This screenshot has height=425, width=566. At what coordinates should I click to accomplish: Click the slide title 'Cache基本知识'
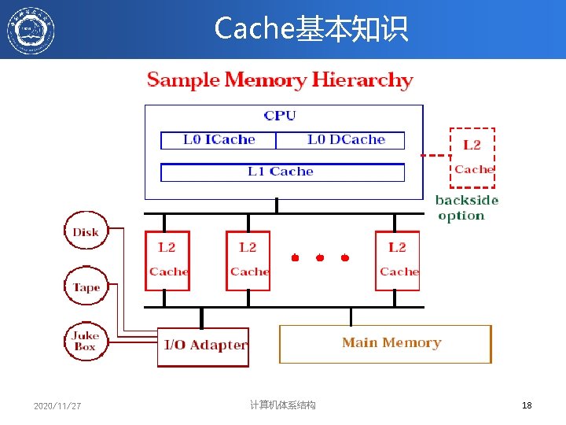[311, 29]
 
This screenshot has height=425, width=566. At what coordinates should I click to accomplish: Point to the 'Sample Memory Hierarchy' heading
[280, 80]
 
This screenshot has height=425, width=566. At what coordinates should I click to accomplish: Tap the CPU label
[280, 116]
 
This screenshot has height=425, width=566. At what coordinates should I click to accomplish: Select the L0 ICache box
[219, 140]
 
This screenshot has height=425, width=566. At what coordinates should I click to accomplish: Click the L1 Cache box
[281, 172]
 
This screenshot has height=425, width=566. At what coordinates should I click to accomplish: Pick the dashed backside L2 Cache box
[472, 157]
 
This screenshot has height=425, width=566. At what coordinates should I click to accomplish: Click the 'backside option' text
[466, 208]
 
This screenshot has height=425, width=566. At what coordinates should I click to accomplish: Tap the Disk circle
[86, 231]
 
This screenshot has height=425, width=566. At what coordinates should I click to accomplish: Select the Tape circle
[86, 287]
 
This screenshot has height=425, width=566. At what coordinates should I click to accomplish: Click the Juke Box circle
[85, 342]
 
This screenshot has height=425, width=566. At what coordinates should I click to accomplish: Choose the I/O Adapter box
[204, 346]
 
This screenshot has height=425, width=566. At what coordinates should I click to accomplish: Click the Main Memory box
[386, 343]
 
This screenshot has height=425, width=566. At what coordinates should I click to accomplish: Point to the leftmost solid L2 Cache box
[167, 260]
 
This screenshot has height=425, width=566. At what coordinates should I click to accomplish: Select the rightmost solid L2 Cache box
[398, 260]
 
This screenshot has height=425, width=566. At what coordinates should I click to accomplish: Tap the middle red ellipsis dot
[320, 257]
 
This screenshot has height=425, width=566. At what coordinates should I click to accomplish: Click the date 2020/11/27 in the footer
[57, 406]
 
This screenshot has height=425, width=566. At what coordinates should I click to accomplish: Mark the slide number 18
[527, 405]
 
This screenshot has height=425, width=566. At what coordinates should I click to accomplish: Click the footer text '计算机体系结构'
[282, 405]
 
